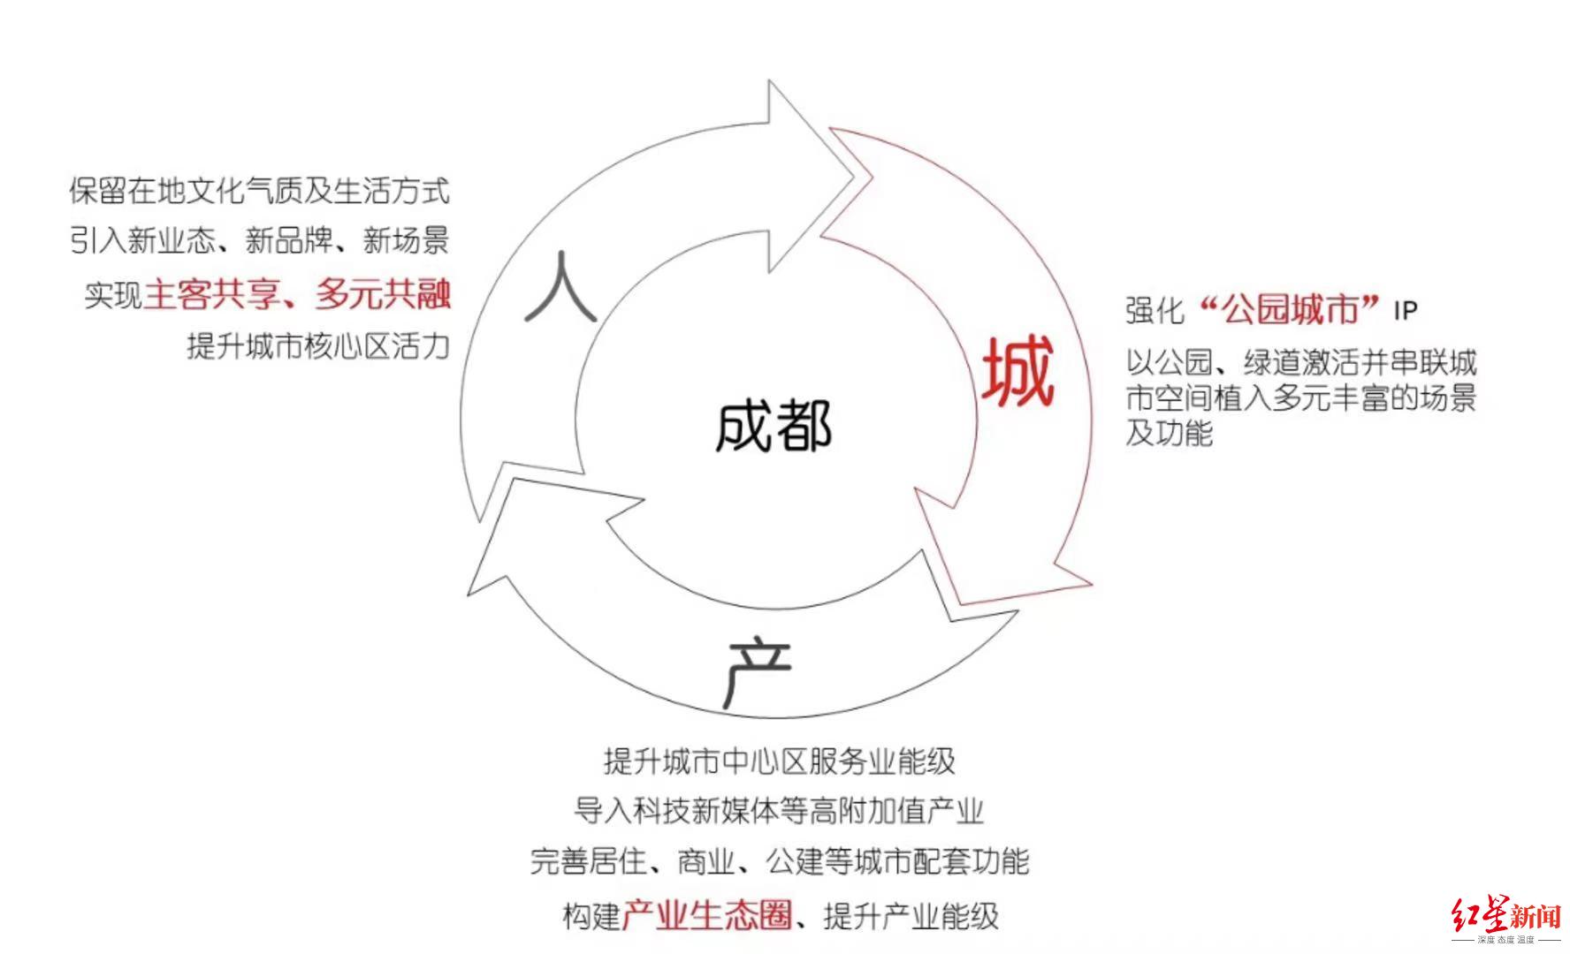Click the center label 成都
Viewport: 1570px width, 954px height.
[774, 427]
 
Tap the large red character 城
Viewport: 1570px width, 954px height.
[1018, 372]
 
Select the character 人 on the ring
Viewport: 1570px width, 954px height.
[560, 287]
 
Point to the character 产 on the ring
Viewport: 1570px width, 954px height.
[757, 673]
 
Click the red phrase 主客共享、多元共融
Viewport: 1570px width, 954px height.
[297, 294]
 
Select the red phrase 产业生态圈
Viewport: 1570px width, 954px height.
[706, 915]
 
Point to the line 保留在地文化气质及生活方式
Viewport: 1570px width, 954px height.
[259, 191]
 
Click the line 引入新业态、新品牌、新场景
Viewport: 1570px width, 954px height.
[259, 240]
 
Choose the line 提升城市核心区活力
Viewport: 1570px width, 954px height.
[318, 345]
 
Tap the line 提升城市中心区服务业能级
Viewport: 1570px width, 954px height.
[780, 761]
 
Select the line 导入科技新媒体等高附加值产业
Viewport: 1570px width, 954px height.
[779, 810]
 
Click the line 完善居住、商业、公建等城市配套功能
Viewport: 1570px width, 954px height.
[780, 860]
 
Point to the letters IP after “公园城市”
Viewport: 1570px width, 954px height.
[1406, 311]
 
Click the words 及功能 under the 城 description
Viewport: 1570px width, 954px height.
[1169, 433]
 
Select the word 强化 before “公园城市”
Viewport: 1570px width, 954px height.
[1155, 311]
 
